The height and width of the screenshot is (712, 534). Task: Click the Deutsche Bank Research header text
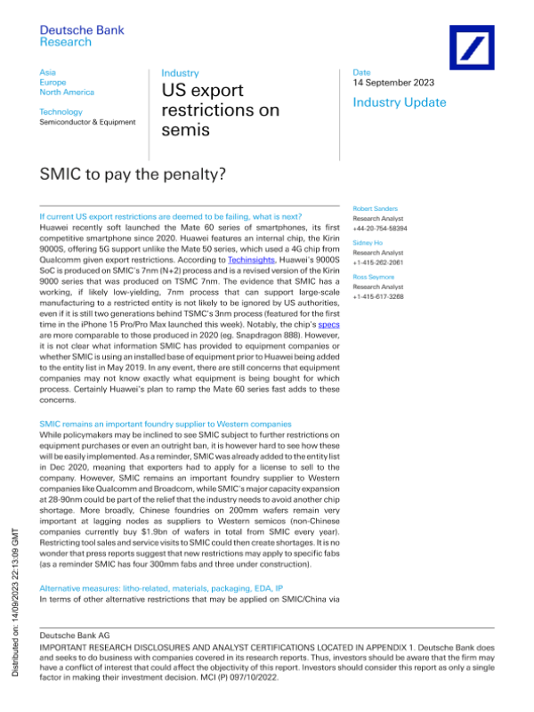[x=82, y=36]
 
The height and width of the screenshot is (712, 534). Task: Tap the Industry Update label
[x=400, y=103]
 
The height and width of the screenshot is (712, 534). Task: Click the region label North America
[x=68, y=93]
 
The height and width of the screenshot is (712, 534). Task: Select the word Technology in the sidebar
[x=61, y=112]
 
